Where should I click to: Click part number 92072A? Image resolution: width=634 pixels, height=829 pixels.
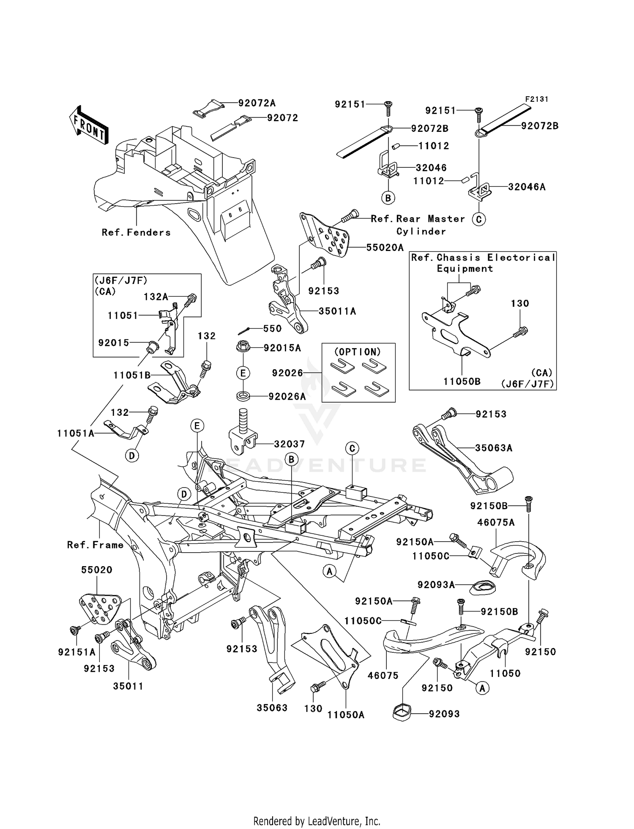coord(257,103)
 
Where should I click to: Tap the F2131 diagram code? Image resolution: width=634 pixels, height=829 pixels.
coord(536,99)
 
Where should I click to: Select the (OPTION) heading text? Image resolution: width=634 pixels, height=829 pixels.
coord(358,352)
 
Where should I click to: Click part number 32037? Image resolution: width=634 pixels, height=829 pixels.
coord(289,444)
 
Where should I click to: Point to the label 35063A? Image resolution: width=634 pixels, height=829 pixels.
coord(493,448)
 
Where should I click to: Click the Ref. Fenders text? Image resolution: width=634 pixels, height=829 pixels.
coord(136,232)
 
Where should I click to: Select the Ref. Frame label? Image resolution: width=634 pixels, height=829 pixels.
coord(95,545)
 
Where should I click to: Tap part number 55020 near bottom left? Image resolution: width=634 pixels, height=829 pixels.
coord(97,570)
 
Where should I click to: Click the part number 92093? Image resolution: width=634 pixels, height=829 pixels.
coord(444,714)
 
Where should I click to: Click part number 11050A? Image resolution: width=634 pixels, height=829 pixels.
coord(346,715)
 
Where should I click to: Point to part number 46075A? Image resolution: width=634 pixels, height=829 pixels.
coord(496,523)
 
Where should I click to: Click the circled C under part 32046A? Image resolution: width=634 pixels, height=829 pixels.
coord(478,219)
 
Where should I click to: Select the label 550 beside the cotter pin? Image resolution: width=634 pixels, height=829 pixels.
coord(272,329)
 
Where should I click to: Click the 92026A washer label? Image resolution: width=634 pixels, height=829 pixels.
coord(287,396)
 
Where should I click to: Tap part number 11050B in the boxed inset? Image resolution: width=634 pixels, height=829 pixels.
coord(462,382)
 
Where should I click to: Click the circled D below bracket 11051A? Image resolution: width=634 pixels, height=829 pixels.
coord(132,455)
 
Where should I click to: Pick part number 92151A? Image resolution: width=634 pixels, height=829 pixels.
coord(77,652)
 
